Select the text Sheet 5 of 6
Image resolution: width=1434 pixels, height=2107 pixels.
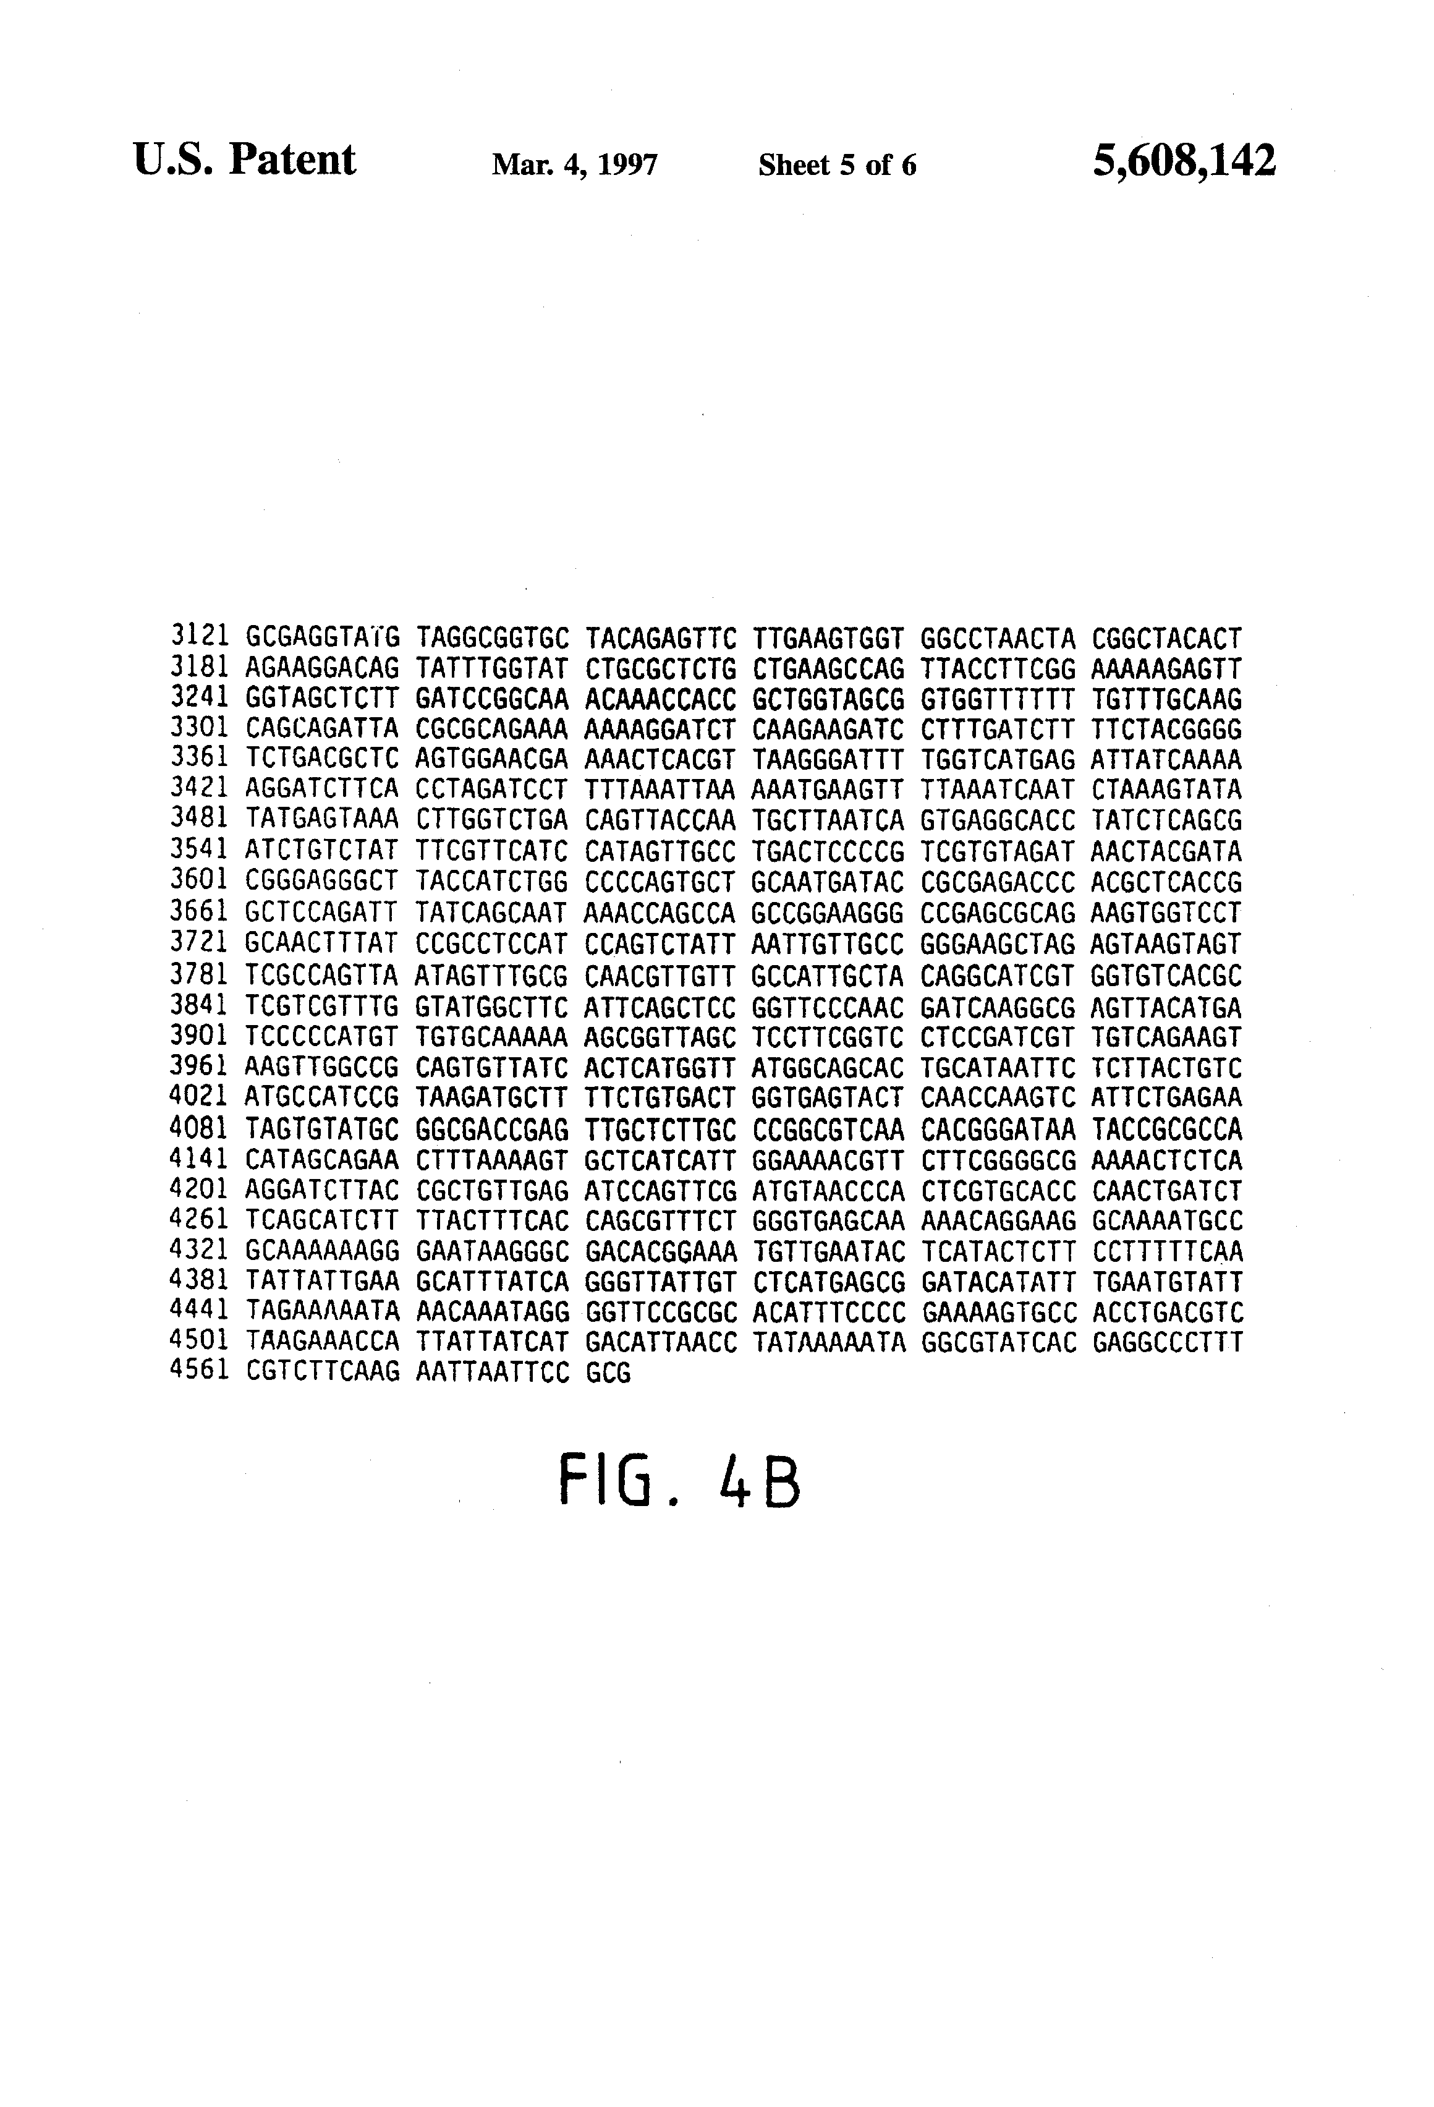[x=837, y=165]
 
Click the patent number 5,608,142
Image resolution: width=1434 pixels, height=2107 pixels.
[x=1184, y=161]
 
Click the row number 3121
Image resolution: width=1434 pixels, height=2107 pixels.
[x=198, y=638]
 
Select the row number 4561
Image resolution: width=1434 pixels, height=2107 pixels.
[x=198, y=1373]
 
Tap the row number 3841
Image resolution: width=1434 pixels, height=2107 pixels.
[x=198, y=1007]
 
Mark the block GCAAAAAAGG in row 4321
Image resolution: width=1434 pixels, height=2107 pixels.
[x=322, y=1252]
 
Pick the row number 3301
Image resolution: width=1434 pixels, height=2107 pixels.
[x=198, y=730]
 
